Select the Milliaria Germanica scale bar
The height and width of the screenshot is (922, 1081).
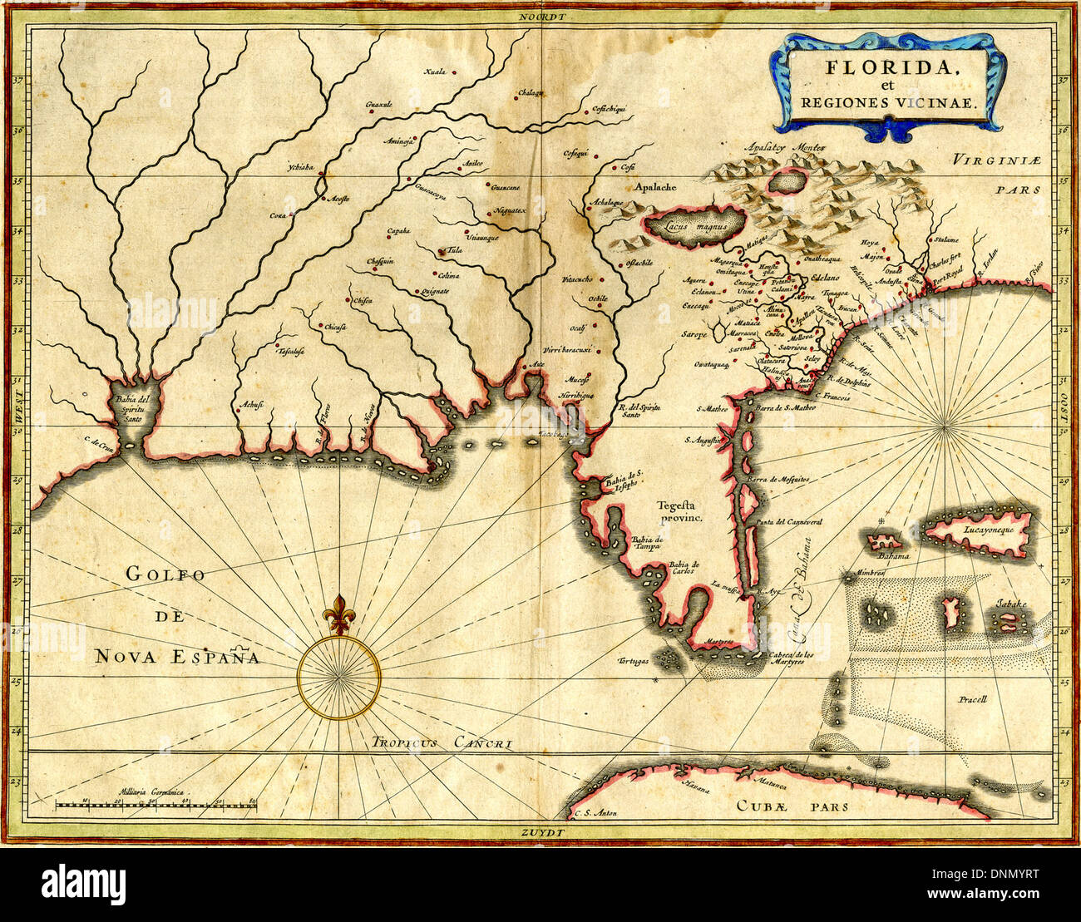pos(155,804)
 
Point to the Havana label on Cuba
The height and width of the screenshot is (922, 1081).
pos(695,786)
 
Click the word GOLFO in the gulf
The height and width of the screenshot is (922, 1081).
pos(165,574)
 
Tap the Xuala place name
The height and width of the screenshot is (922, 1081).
pos(435,71)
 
